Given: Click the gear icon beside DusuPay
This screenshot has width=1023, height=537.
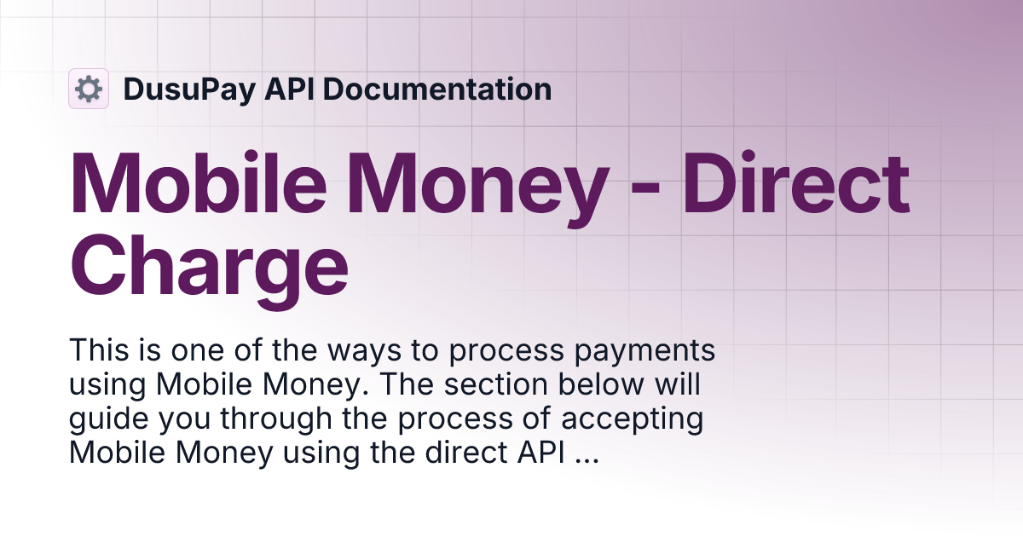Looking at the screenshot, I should pos(89,89).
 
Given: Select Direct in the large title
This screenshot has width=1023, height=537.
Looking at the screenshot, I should pos(797,186).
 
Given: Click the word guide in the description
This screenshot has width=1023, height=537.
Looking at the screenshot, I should pos(101,419).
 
